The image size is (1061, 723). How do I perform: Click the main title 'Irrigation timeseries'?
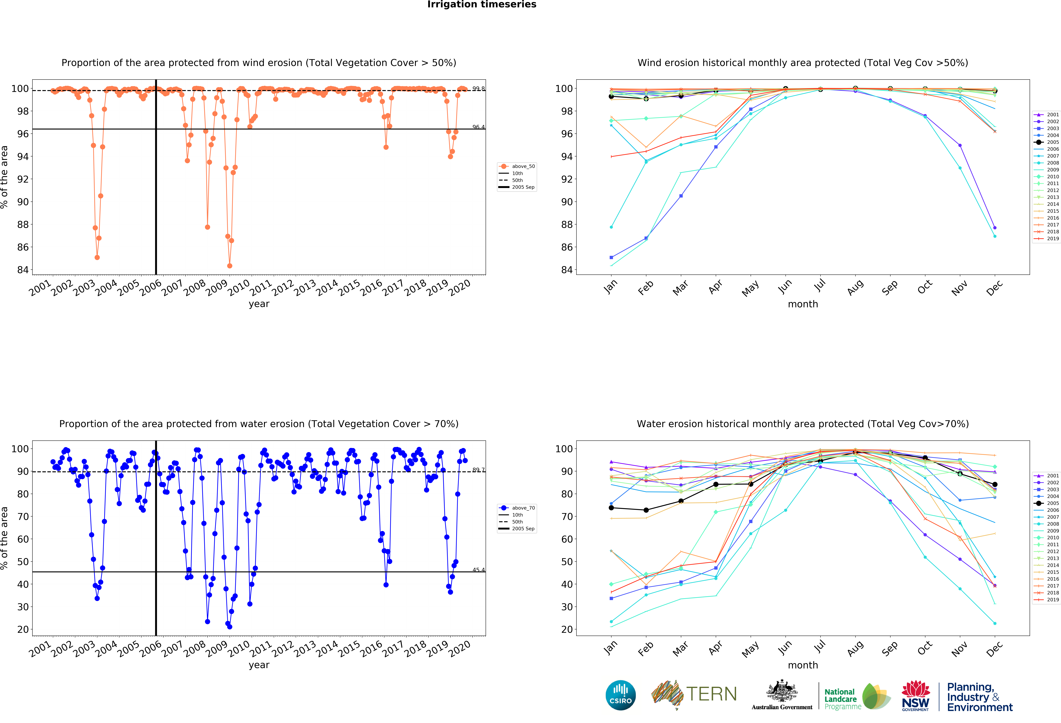[482, 5]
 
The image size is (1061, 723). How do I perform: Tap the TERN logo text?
[711, 694]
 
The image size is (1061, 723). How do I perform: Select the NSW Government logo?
[915, 696]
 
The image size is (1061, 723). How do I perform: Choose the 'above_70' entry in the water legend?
[523, 508]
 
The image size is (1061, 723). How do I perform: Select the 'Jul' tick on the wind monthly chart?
[820, 286]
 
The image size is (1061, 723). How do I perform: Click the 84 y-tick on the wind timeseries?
[23, 270]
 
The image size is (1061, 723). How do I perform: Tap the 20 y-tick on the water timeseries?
[23, 629]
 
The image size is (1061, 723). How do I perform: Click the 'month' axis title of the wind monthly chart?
[803, 304]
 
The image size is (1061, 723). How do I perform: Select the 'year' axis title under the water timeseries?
[259, 665]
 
